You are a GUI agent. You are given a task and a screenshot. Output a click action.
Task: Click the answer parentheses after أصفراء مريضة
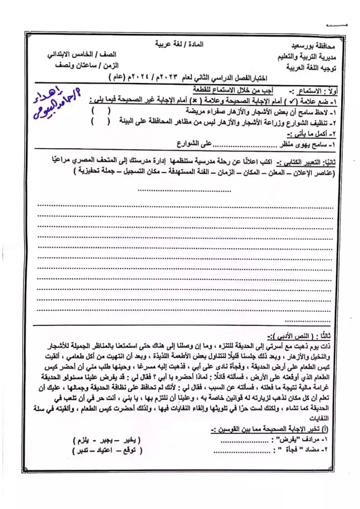click(x=101, y=111)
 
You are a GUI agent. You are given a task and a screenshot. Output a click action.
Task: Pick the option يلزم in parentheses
click(x=84, y=440)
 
